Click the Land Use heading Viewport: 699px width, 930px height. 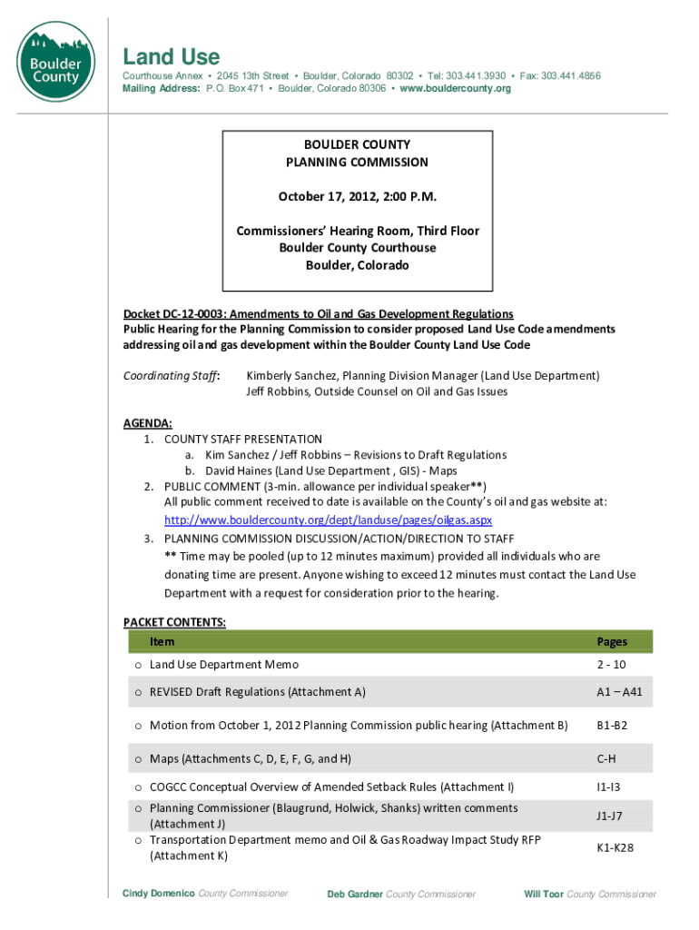[172, 56]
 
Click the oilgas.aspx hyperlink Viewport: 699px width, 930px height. [328, 520]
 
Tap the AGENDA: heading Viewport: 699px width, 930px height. [147, 423]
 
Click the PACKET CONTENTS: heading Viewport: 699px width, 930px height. [174, 622]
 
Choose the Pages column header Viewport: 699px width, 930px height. [612, 641]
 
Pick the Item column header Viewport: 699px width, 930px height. [162, 641]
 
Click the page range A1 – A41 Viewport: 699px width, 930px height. [619, 692]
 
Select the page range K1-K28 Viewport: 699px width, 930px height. [615, 848]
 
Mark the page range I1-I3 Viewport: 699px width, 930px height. [608, 787]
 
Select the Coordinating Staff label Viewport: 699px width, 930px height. [172, 375]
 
